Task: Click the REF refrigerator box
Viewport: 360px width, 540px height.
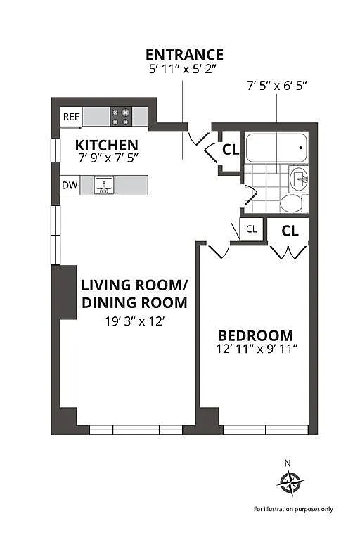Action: click(71, 117)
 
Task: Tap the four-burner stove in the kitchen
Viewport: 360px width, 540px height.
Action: click(121, 117)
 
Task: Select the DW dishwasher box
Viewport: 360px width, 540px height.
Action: click(70, 186)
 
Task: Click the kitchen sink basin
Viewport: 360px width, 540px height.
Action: click(104, 186)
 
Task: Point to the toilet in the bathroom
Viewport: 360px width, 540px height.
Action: click(291, 203)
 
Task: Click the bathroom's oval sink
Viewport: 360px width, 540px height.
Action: click(299, 179)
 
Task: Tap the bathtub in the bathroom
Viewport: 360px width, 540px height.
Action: click(276, 148)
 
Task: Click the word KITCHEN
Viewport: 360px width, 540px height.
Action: click(107, 145)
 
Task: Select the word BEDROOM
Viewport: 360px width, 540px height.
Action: click(256, 335)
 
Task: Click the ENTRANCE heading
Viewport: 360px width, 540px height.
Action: click(185, 55)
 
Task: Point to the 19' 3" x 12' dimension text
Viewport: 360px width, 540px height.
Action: click(134, 321)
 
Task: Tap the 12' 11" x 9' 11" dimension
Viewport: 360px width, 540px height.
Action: click(257, 349)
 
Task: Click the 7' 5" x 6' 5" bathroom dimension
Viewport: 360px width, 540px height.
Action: click(276, 85)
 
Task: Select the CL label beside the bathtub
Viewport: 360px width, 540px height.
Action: click(231, 150)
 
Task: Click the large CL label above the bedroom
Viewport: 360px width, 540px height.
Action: click(290, 231)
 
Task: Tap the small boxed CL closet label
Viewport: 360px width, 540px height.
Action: click(252, 229)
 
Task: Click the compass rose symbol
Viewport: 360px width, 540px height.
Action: click(290, 483)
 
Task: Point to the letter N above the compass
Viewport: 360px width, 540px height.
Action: click(288, 463)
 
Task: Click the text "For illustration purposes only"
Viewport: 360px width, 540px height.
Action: click(293, 509)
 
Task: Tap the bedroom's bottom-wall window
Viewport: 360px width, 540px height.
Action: click(266, 430)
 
